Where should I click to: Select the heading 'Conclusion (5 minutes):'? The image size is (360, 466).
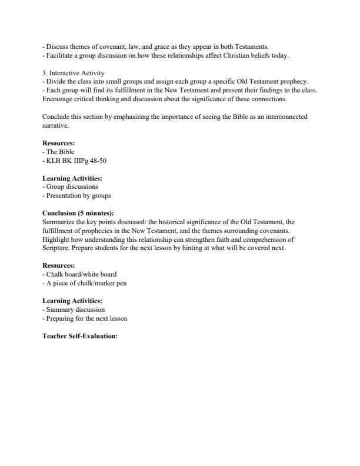(x=78, y=213)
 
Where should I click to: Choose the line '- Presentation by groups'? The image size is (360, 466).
(x=76, y=195)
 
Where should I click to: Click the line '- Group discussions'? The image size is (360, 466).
(x=70, y=187)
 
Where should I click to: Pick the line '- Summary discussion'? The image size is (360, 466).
(x=74, y=309)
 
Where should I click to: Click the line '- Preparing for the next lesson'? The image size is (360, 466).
(x=85, y=318)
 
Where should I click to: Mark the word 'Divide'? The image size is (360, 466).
(x=55, y=82)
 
